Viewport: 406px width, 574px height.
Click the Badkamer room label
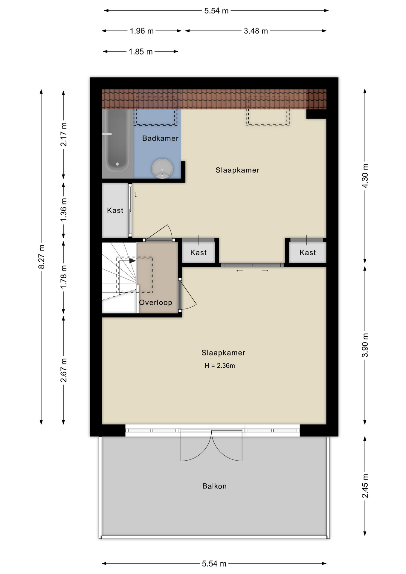(160, 138)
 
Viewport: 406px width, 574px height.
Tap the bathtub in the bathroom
(117, 144)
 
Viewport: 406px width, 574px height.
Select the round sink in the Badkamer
(162, 168)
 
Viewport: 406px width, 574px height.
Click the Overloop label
(155, 303)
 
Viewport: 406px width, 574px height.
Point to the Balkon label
(214, 486)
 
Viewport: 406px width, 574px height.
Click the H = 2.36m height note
(220, 366)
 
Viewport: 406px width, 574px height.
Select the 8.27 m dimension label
(42, 257)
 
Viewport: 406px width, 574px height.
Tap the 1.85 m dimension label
(141, 52)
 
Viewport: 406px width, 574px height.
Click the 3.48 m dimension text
(256, 31)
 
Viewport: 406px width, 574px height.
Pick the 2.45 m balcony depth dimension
(365, 486)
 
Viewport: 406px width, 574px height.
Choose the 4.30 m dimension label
(365, 175)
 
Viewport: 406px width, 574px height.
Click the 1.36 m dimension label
(64, 210)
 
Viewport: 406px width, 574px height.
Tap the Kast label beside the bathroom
(115, 210)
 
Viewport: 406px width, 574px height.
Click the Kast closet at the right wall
(308, 253)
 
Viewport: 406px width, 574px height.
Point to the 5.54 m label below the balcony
(214, 564)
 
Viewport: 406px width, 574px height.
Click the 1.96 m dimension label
(142, 31)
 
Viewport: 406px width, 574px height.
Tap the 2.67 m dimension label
(64, 370)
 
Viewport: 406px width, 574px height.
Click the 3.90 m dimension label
(365, 345)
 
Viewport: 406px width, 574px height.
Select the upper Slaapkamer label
(237, 170)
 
